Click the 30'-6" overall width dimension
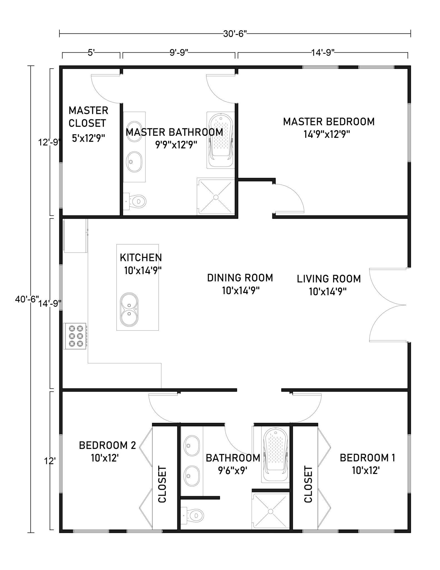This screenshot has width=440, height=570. (x=235, y=34)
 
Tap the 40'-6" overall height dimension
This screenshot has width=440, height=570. (x=27, y=299)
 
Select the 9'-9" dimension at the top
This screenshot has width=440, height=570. (x=179, y=53)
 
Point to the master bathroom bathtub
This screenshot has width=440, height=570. (x=221, y=140)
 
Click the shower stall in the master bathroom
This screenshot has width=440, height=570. (x=216, y=196)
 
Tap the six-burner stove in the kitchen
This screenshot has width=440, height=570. (x=74, y=336)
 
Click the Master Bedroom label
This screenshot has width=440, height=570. (x=329, y=122)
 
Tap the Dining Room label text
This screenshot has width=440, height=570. (x=240, y=277)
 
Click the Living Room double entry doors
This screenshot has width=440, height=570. (x=388, y=305)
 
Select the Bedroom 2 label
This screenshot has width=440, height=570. (x=107, y=445)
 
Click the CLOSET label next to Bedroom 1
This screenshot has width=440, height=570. (x=308, y=484)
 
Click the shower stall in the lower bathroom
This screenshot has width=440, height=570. (x=270, y=511)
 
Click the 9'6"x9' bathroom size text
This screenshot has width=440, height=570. (x=233, y=470)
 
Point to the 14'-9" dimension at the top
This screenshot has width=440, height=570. (x=322, y=53)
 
